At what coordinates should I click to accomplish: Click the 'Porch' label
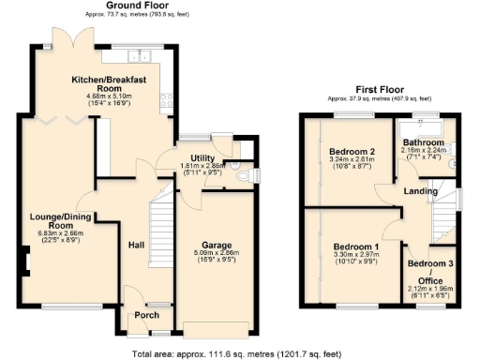pos(145,315)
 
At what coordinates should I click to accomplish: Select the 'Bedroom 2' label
pos(352,151)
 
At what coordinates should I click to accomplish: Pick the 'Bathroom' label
pos(423,142)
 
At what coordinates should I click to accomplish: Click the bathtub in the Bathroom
pos(423,127)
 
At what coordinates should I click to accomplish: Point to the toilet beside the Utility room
pos(239,174)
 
